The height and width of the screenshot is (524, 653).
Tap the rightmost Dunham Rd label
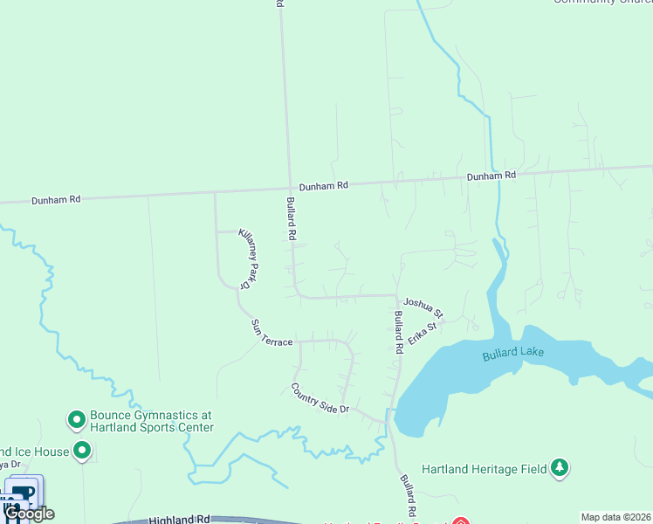coord(491,176)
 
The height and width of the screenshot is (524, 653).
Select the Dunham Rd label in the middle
coord(324,186)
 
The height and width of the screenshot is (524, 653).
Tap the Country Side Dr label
coord(320,398)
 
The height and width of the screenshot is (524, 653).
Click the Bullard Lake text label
coord(512,355)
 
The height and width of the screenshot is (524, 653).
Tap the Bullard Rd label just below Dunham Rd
coord(292,219)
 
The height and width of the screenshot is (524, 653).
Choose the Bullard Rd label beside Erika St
coord(398,332)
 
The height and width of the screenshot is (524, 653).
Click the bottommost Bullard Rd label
coord(408,494)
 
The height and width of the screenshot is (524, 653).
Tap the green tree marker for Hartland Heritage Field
coord(560,468)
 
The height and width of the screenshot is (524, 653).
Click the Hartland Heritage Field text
coord(484,469)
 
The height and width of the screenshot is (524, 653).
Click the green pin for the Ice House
coord(82,452)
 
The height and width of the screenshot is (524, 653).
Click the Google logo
coord(29,514)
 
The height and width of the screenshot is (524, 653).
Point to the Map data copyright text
coord(615,517)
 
